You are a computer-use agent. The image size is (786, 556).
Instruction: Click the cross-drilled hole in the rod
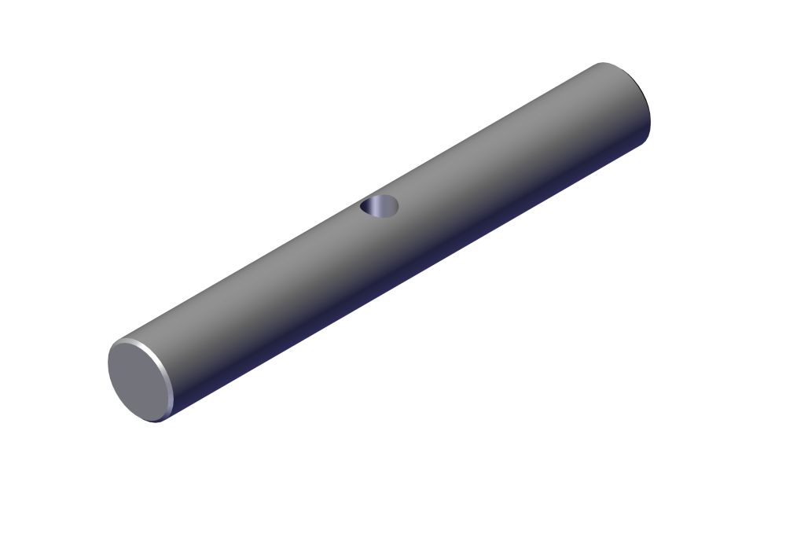(380, 206)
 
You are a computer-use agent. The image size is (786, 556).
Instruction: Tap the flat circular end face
(138, 379)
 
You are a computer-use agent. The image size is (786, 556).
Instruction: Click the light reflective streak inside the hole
(385, 206)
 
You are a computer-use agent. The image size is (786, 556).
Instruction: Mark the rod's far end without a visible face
(629, 102)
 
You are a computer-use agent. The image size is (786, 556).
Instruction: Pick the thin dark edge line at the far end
(648, 110)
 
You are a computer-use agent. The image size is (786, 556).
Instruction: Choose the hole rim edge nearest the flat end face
(362, 208)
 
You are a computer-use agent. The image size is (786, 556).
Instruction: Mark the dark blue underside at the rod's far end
(637, 145)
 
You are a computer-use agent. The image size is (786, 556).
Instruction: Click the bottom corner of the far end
(646, 142)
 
